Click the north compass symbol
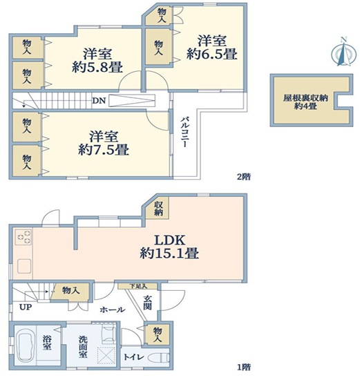[343, 52]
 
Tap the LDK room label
[170, 240]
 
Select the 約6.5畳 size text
[211, 55]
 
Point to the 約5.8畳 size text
[97, 68]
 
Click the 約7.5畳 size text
[104, 150]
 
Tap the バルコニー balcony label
[184, 133]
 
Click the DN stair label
[99, 101]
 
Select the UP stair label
[26, 307]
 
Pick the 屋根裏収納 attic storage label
[305, 98]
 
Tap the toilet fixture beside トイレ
[159, 358]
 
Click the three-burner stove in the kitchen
[23, 237]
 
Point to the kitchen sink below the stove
[23, 266]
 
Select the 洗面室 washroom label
[82, 347]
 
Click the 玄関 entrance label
[147, 302]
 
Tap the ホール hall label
[113, 310]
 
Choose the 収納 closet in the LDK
[158, 209]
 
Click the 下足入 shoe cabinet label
[138, 286]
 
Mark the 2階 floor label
[244, 177]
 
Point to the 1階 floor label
[244, 367]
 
